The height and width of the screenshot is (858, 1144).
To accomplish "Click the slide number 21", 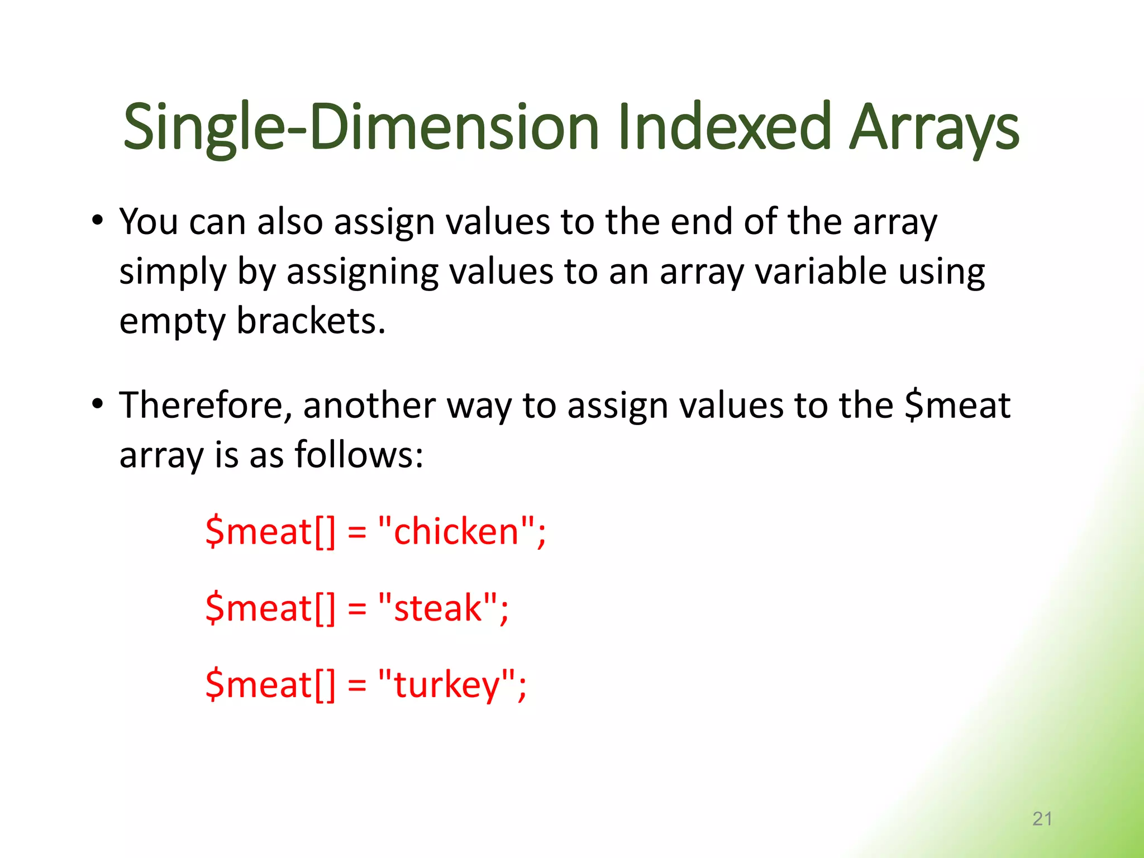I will [1042, 819].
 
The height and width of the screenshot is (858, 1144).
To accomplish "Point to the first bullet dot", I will [98, 220].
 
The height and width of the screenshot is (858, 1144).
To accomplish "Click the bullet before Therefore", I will [98, 403].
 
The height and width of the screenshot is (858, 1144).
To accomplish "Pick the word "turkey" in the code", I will [446, 685].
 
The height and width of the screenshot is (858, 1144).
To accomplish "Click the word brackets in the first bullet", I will [311, 321].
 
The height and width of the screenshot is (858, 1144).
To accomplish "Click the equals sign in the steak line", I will [357, 609].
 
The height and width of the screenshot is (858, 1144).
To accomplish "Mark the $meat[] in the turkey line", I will [270, 685].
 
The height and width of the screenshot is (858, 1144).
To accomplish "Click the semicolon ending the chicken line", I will [541, 533].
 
